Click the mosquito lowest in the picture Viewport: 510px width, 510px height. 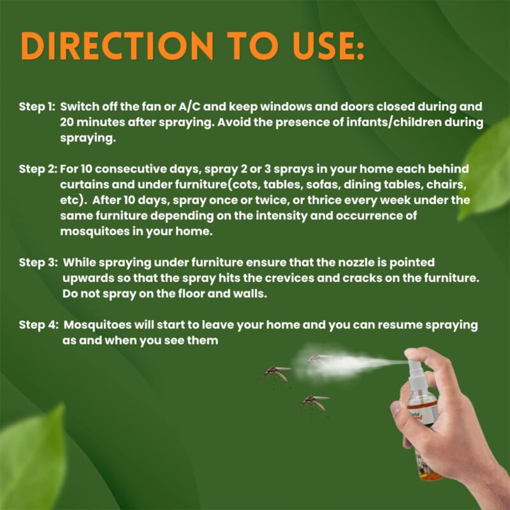[x=314, y=404]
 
